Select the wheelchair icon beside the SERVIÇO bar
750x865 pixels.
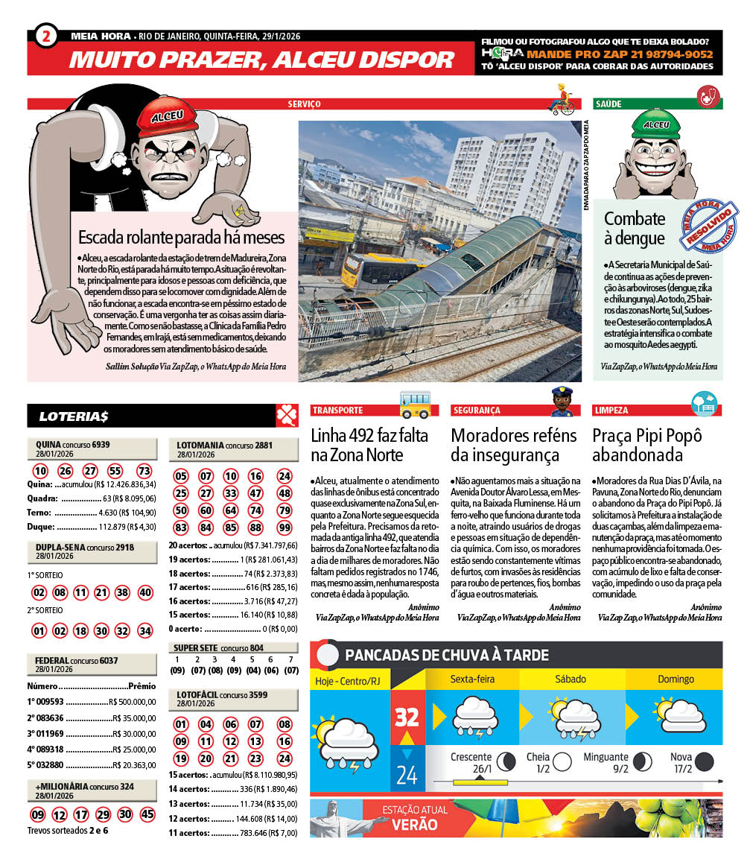[x=562, y=100]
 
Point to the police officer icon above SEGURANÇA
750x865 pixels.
[x=560, y=402]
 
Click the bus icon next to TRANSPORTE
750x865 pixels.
[x=415, y=403]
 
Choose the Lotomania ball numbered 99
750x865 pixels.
[x=284, y=527]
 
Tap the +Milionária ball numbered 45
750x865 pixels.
[x=147, y=814]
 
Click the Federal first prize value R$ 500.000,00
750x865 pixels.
[x=132, y=702]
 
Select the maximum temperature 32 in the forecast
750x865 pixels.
[x=407, y=717]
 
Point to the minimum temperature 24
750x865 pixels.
[x=407, y=776]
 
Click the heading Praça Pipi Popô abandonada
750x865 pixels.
[x=647, y=445]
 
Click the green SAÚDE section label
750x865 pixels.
[x=609, y=104]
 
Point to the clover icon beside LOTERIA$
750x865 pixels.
[x=287, y=416]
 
